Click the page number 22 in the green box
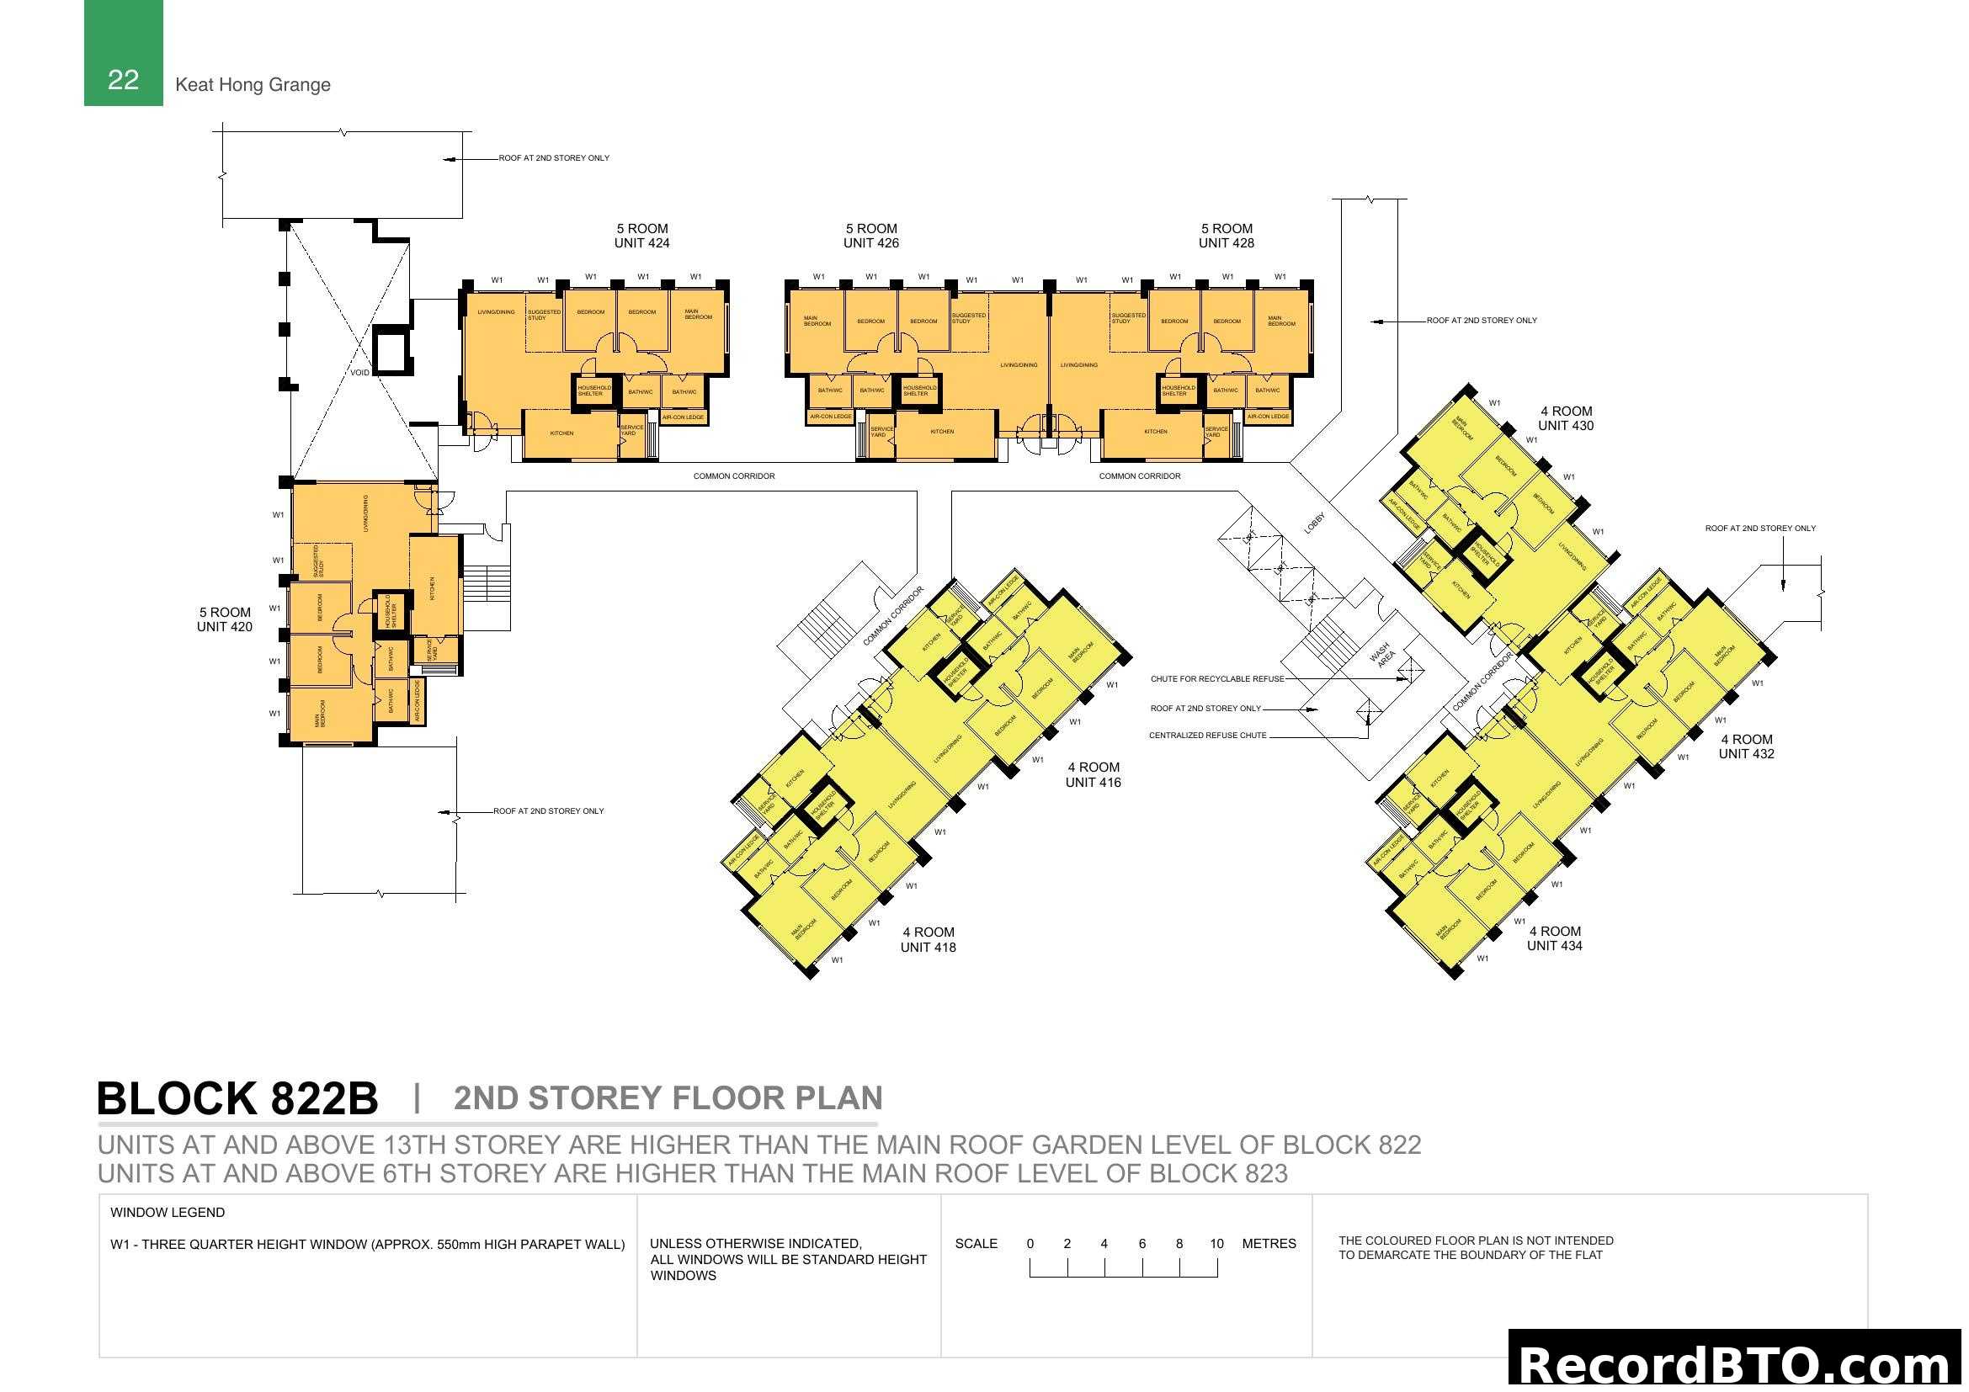pyautogui.click(x=123, y=80)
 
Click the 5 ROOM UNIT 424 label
pyautogui.click(x=641, y=236)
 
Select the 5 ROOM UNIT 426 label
pyautogui.click(x=870, y=236)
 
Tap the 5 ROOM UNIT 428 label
pyautogui.click(x=1226, y=236)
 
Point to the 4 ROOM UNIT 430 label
pyautogui.click(x=1565, y=418)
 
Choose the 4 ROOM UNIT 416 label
pyautogui.click(x=1093, y=774)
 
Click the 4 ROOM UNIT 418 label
pyautogui.click(x=928, y=939)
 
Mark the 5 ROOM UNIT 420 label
pyautogui.click(x=225, y=619)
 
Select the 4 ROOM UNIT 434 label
pyautogui.click(x=1554, y=938)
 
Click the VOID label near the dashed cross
pyautogui.click(x=360, y=373)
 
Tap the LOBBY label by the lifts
pyautogui.click(x=1314, y=523)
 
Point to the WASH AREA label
pyautogui.click(x=1382, y=655)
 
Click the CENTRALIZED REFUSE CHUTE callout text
pyautogui.click(x=1206, y=736)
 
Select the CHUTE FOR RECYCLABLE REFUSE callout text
pyautogui.click(x=1217, y=679)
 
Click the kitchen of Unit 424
pyautogui.click(x=561, y=433)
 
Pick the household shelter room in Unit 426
pyautogui.click(x=918, y=390)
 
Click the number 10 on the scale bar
pyautogui.click(x=1216, y=1243)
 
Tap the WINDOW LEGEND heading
pyautogui.click(x=168, y=1212)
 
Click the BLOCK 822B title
pyautogui.click(x=237, y=1098)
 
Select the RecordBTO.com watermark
pyautogui.click(x=1738, y=1363)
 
